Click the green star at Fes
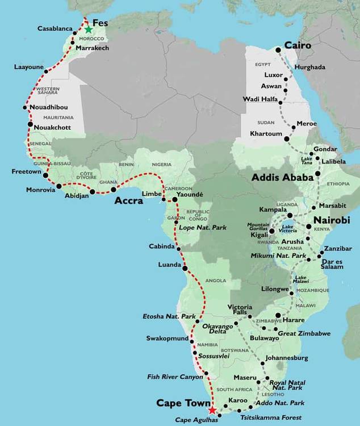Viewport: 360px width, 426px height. click(89, 30)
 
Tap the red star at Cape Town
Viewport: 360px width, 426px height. click(212, 410)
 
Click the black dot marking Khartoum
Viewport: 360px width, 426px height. click(287, 138)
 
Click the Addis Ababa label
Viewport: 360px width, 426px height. click(282, 178)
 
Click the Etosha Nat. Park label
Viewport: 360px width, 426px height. click(169, 316)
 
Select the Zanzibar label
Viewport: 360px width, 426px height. click(339, 249)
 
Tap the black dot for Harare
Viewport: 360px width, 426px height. click(277, 316)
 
